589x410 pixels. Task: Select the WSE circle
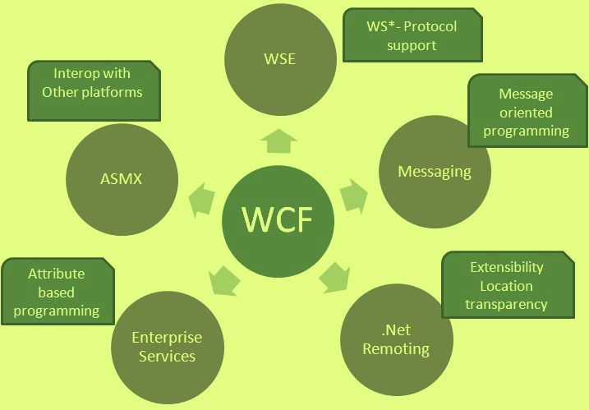(279, 58)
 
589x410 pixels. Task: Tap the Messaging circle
(435, 171)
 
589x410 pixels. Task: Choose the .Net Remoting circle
(396, 339)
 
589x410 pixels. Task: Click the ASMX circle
(121, 177)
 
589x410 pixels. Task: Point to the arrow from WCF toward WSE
(279, 143)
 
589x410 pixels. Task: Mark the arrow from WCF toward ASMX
(202, 200)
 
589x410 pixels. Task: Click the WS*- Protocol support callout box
(411, 35)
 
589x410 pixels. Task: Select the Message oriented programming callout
(525, 112)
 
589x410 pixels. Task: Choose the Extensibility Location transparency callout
(506, 285)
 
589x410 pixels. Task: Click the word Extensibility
(506, 268)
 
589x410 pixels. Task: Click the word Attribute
(56, 274)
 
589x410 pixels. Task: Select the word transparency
(506, 304)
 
